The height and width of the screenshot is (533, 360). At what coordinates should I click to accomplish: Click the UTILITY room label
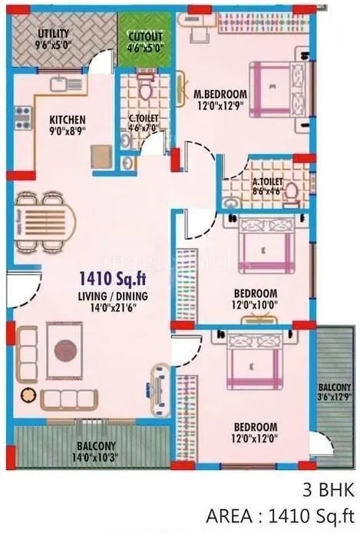(54, 33)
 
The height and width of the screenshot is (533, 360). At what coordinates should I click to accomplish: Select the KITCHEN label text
(68, 120)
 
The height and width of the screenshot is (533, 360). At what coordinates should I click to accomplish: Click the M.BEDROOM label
(220, 94)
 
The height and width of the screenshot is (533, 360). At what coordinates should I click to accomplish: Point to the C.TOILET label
(144, 119)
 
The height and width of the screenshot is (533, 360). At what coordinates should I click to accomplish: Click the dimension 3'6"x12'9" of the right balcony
(336, 398)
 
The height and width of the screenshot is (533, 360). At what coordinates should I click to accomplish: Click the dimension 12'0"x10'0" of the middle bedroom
(256, 305)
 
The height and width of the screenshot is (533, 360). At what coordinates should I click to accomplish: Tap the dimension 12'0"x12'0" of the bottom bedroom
(256, 438)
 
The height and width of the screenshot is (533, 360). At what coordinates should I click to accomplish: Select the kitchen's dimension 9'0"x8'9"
(68, 131)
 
